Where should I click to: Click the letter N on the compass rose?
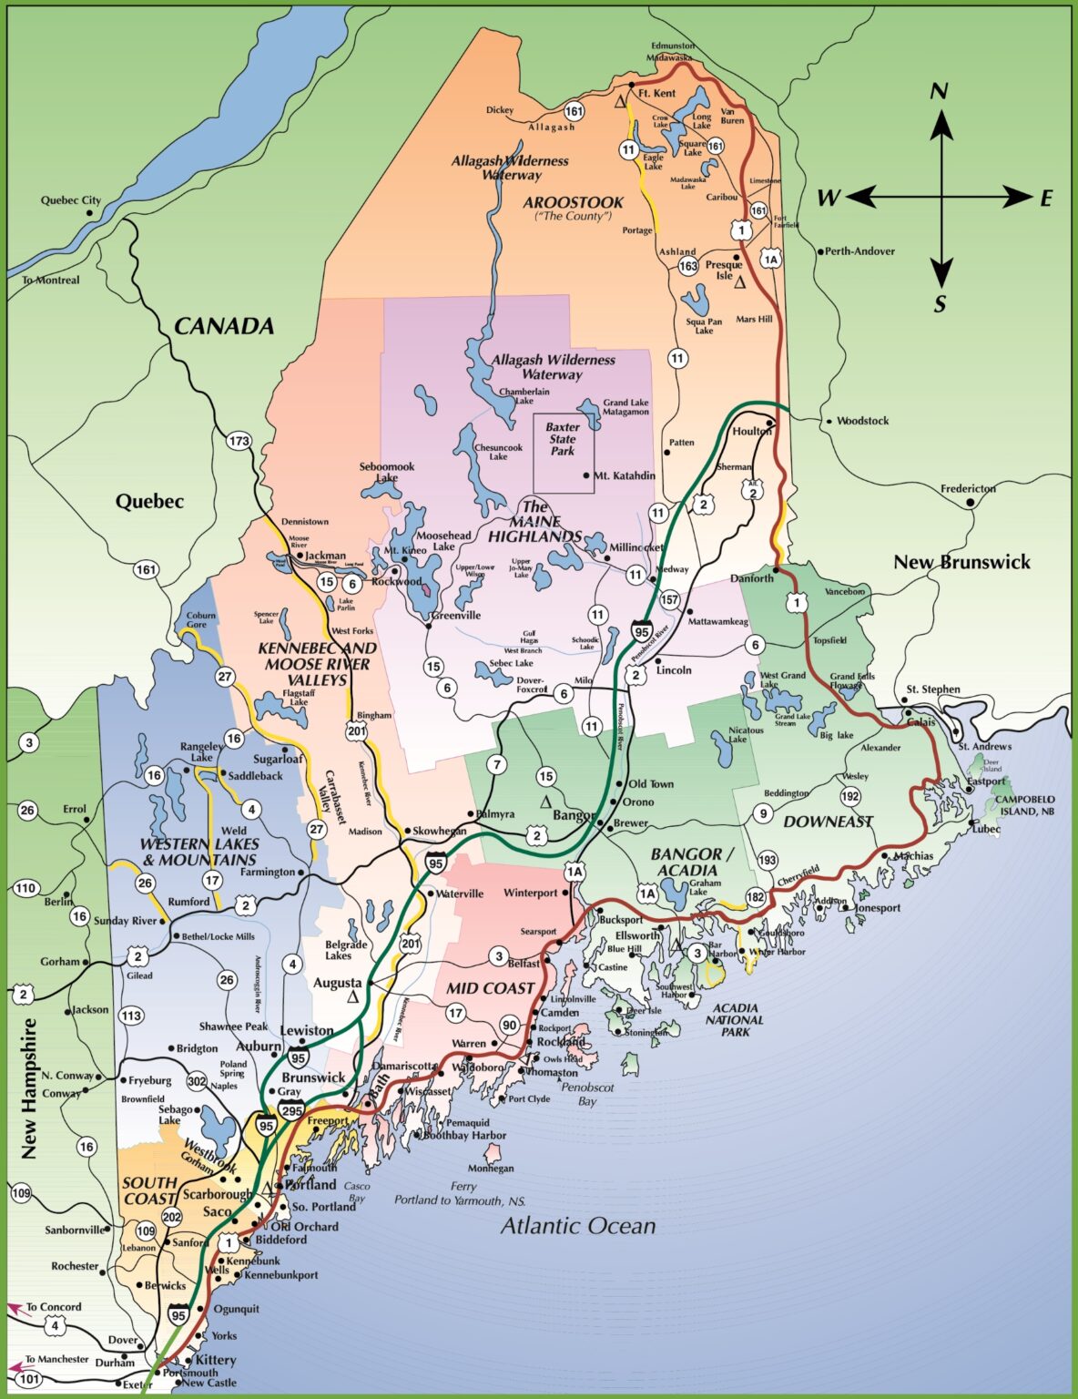[x=940, y=90]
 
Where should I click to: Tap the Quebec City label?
[x=70, y=200]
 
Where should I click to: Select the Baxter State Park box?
[x=563, y=453]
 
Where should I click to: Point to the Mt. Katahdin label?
[x=625, y=475]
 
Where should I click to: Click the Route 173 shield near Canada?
[x=239, y=442]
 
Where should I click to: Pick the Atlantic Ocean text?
[x=578, y=1226]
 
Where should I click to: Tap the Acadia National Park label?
[x=735, y=1020]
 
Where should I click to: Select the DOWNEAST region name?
[x=828, y=822]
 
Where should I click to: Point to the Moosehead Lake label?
[x=443, y=541]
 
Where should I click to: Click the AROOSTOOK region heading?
[x=573, y=202]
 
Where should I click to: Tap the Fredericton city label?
[x=968, y=489]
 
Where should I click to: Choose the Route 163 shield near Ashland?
[x=688, y=266]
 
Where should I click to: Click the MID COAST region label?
[x=490, y=988]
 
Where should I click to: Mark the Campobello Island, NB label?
[x=1023, y=805]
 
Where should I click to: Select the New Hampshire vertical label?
[x=29, y=1088]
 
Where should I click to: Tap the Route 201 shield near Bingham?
[x=356, y=730]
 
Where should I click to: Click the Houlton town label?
[x=751, y=432]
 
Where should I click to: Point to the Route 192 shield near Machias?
[x=849, y=796]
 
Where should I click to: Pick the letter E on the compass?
[x=1045, y=199]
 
